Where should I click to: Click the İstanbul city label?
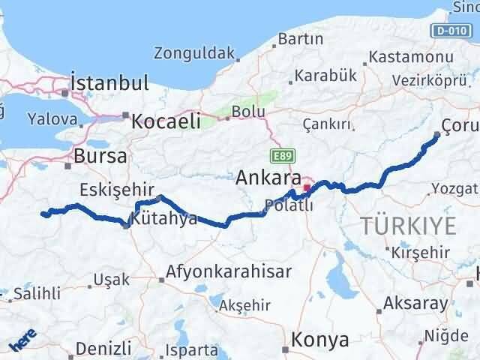[x=109, y=82]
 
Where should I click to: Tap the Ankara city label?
[x=268, y=178]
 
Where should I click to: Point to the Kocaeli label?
[x=166, y=121]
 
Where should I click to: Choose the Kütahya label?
[x=163, y=219]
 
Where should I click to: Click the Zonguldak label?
[x=193, y=54]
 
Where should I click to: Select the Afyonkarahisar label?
[x=222, y=271]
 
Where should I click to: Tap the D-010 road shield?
[x=448, y=30]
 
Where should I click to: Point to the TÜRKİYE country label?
[x=408, y=225]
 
